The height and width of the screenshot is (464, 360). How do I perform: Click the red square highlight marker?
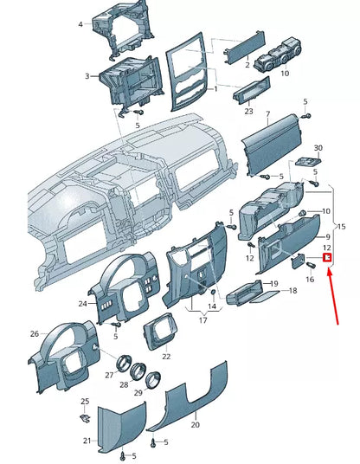point(328,257)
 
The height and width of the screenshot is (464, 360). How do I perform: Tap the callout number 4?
point(80,24)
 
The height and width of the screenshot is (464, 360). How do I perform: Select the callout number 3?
point(87,77)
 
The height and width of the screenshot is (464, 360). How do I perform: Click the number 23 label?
point(248,112)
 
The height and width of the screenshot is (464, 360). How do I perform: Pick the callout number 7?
point(267,115)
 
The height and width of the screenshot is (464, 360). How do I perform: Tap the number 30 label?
point(317,148)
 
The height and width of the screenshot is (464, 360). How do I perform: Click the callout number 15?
point(340,227)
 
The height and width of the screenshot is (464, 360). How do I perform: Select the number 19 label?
point(273,284)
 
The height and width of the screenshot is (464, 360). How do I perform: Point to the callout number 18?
point(292,292)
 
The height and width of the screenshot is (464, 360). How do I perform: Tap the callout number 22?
point(166,356)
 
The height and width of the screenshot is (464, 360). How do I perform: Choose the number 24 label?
point(82,304)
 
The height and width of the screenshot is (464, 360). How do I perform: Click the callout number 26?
point(35,333)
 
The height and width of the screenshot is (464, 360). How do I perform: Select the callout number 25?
point(85,402)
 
